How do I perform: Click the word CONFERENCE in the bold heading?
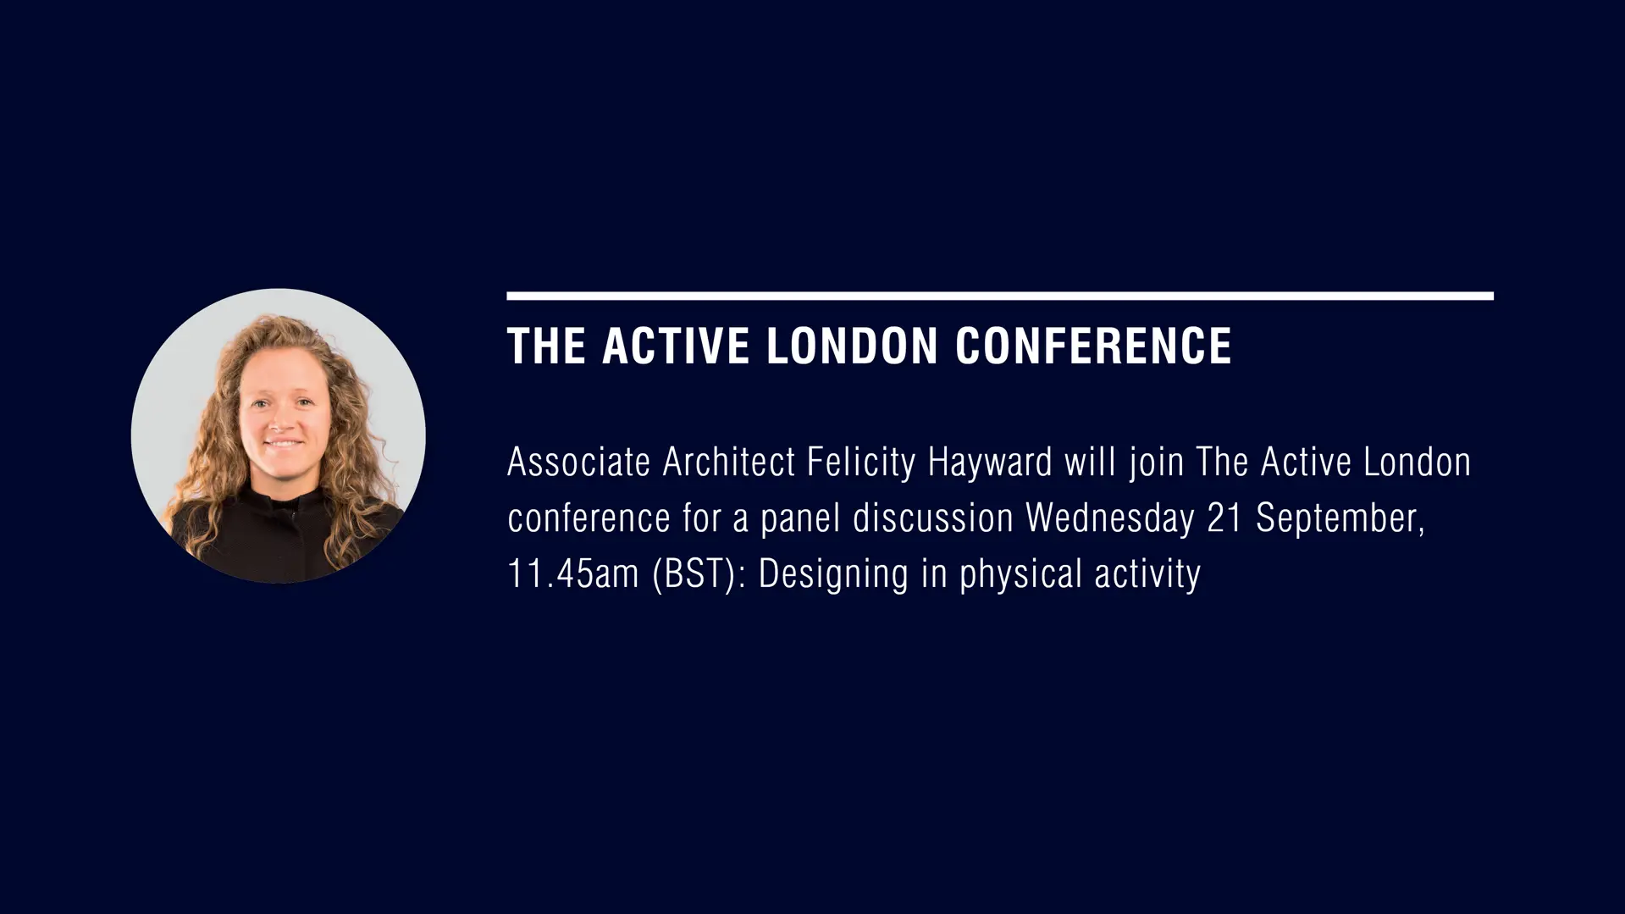pyautogui.click(x=1093, y=346)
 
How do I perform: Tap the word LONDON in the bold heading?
pyautogui.click(x=852, y=346)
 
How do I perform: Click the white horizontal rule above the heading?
pyautogui.click(x=1000, y=296)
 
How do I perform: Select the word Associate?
pyautogui.click(x=578, y=463)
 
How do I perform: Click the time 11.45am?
pyautogui.click(x=572, y=574)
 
